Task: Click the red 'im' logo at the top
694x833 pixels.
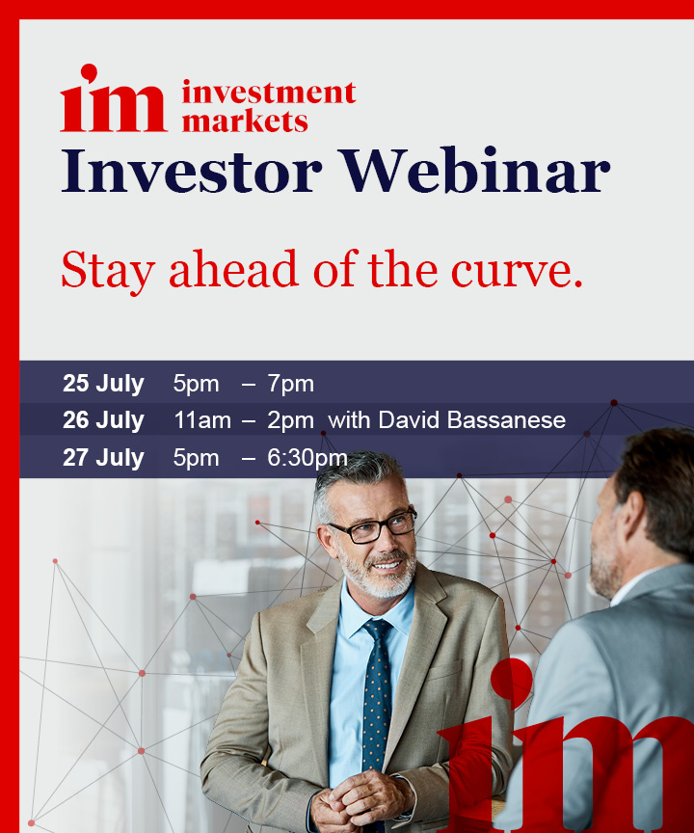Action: (114, 97)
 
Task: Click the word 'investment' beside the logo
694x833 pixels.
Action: (269, 93)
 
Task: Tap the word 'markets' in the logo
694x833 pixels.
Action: (245, 121)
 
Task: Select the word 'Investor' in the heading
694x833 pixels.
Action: (192, 171)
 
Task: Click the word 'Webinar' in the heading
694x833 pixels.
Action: (475, 170)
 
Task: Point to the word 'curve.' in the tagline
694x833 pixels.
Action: (517, 271)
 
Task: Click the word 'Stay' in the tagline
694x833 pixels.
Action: (108, 270)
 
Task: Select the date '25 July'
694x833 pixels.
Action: (103, 384)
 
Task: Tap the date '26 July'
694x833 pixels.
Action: (103, 420)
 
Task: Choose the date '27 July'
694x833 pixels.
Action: (103, 457)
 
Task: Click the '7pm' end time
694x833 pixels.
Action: (290, 384)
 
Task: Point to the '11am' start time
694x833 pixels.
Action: (202, 420)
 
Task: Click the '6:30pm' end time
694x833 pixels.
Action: (307, 458)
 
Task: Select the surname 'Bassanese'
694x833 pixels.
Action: (507, 420)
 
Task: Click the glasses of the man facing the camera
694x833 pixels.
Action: (373, 527)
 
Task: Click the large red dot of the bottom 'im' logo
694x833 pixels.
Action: (511, 679)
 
